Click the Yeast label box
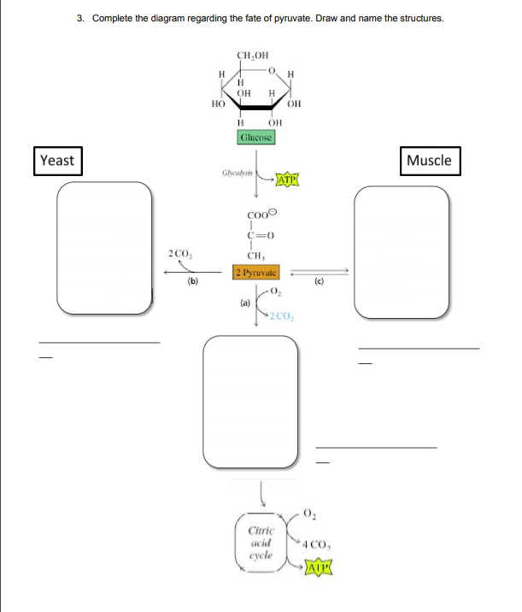coord(57,160)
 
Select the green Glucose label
coord(255,136)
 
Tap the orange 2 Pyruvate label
coord(258,272)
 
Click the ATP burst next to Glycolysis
coord(287,180)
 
